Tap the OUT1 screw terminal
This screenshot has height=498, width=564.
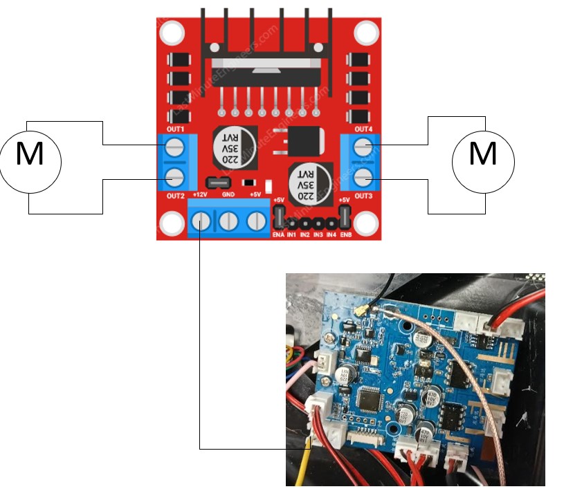tap(176, 146)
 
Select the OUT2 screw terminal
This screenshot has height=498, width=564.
tap(176, 177)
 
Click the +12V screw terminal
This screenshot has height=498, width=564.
tap(201, 221)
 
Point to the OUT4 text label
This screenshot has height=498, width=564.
tap(363, 130)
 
